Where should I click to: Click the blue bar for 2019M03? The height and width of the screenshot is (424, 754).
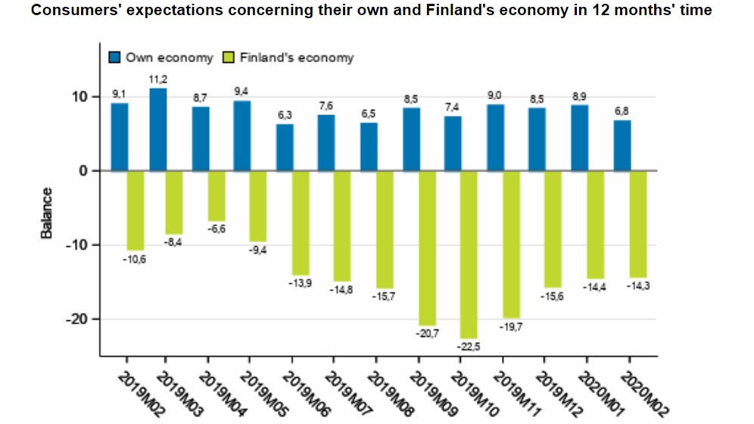coord(158,129)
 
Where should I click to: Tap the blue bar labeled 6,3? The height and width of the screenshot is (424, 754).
coord(285,147)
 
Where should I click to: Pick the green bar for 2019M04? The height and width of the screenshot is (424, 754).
coord(217,195)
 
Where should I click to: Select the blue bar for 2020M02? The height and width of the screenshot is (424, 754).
coord(622,145)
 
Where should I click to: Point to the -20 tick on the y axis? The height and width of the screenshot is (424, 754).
coord(76,319)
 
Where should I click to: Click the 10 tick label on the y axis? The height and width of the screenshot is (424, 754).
coord(80,97)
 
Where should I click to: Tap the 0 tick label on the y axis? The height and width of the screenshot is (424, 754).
coord(85,170)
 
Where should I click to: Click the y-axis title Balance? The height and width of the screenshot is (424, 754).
coord(47,214)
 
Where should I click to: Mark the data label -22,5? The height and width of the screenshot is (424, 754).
coord(470,347)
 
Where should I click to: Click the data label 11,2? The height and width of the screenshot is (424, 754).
coord(158,79)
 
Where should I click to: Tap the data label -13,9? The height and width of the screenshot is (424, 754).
coord(301,282)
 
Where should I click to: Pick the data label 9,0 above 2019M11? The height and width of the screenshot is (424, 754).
coord(494,95)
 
